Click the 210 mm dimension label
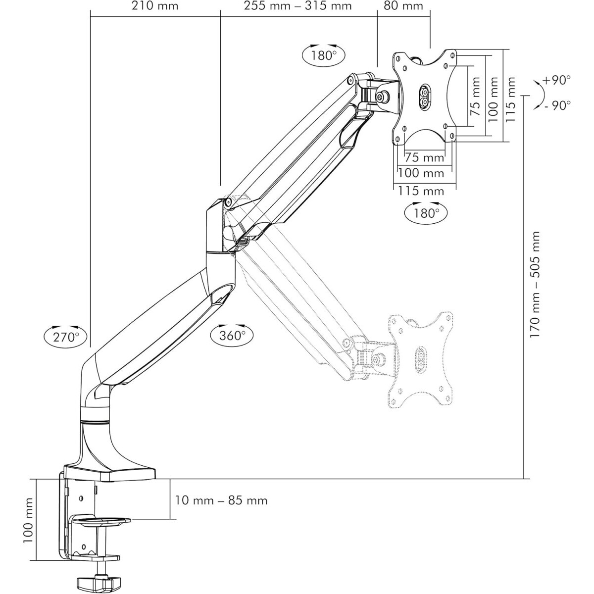tap(155, 6)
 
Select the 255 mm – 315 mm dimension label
tap(298, 6)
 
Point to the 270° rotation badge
tap(66, 337)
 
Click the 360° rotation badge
tap(232, 335)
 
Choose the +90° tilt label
tap(556, 80)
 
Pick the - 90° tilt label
tap(556, 105)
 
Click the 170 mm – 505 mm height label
tap(535, 285)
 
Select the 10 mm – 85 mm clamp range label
tap(221, 500)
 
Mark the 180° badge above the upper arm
tap(324, 54)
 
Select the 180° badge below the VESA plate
tap(426, 213)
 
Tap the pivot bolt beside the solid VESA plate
tap(384, 98)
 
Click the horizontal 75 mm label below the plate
tap(424, 158)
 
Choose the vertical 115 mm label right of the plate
tap(511, 94)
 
